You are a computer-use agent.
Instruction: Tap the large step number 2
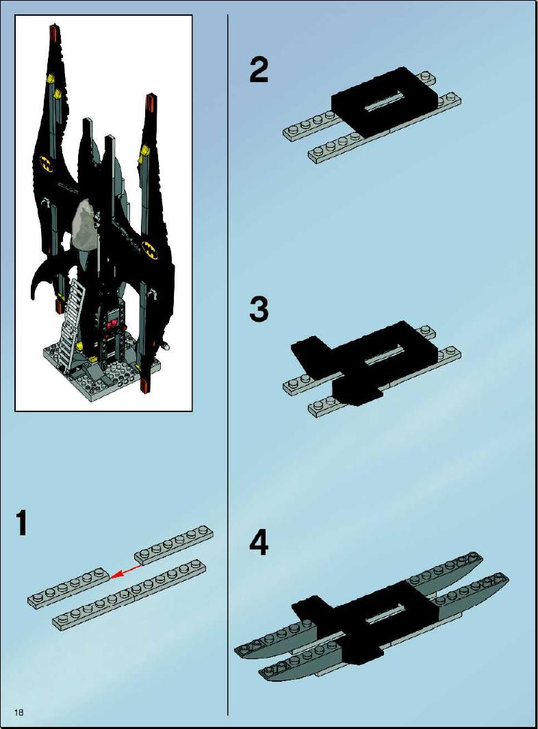(x=259, y=70)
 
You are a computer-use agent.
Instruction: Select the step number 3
(x=259, y=310)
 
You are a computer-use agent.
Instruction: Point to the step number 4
(x=259, y=543)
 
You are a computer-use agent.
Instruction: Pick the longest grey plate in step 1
(x=130, y=595)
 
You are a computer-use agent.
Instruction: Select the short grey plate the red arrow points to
(x=68, y=587)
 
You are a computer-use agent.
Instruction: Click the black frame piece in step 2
(x=383, y=101)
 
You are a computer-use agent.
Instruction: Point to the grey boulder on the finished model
(x=86, y=225)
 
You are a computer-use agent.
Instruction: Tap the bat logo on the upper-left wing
(x=47, y=164)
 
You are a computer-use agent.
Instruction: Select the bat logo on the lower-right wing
(x=150, y=248)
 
